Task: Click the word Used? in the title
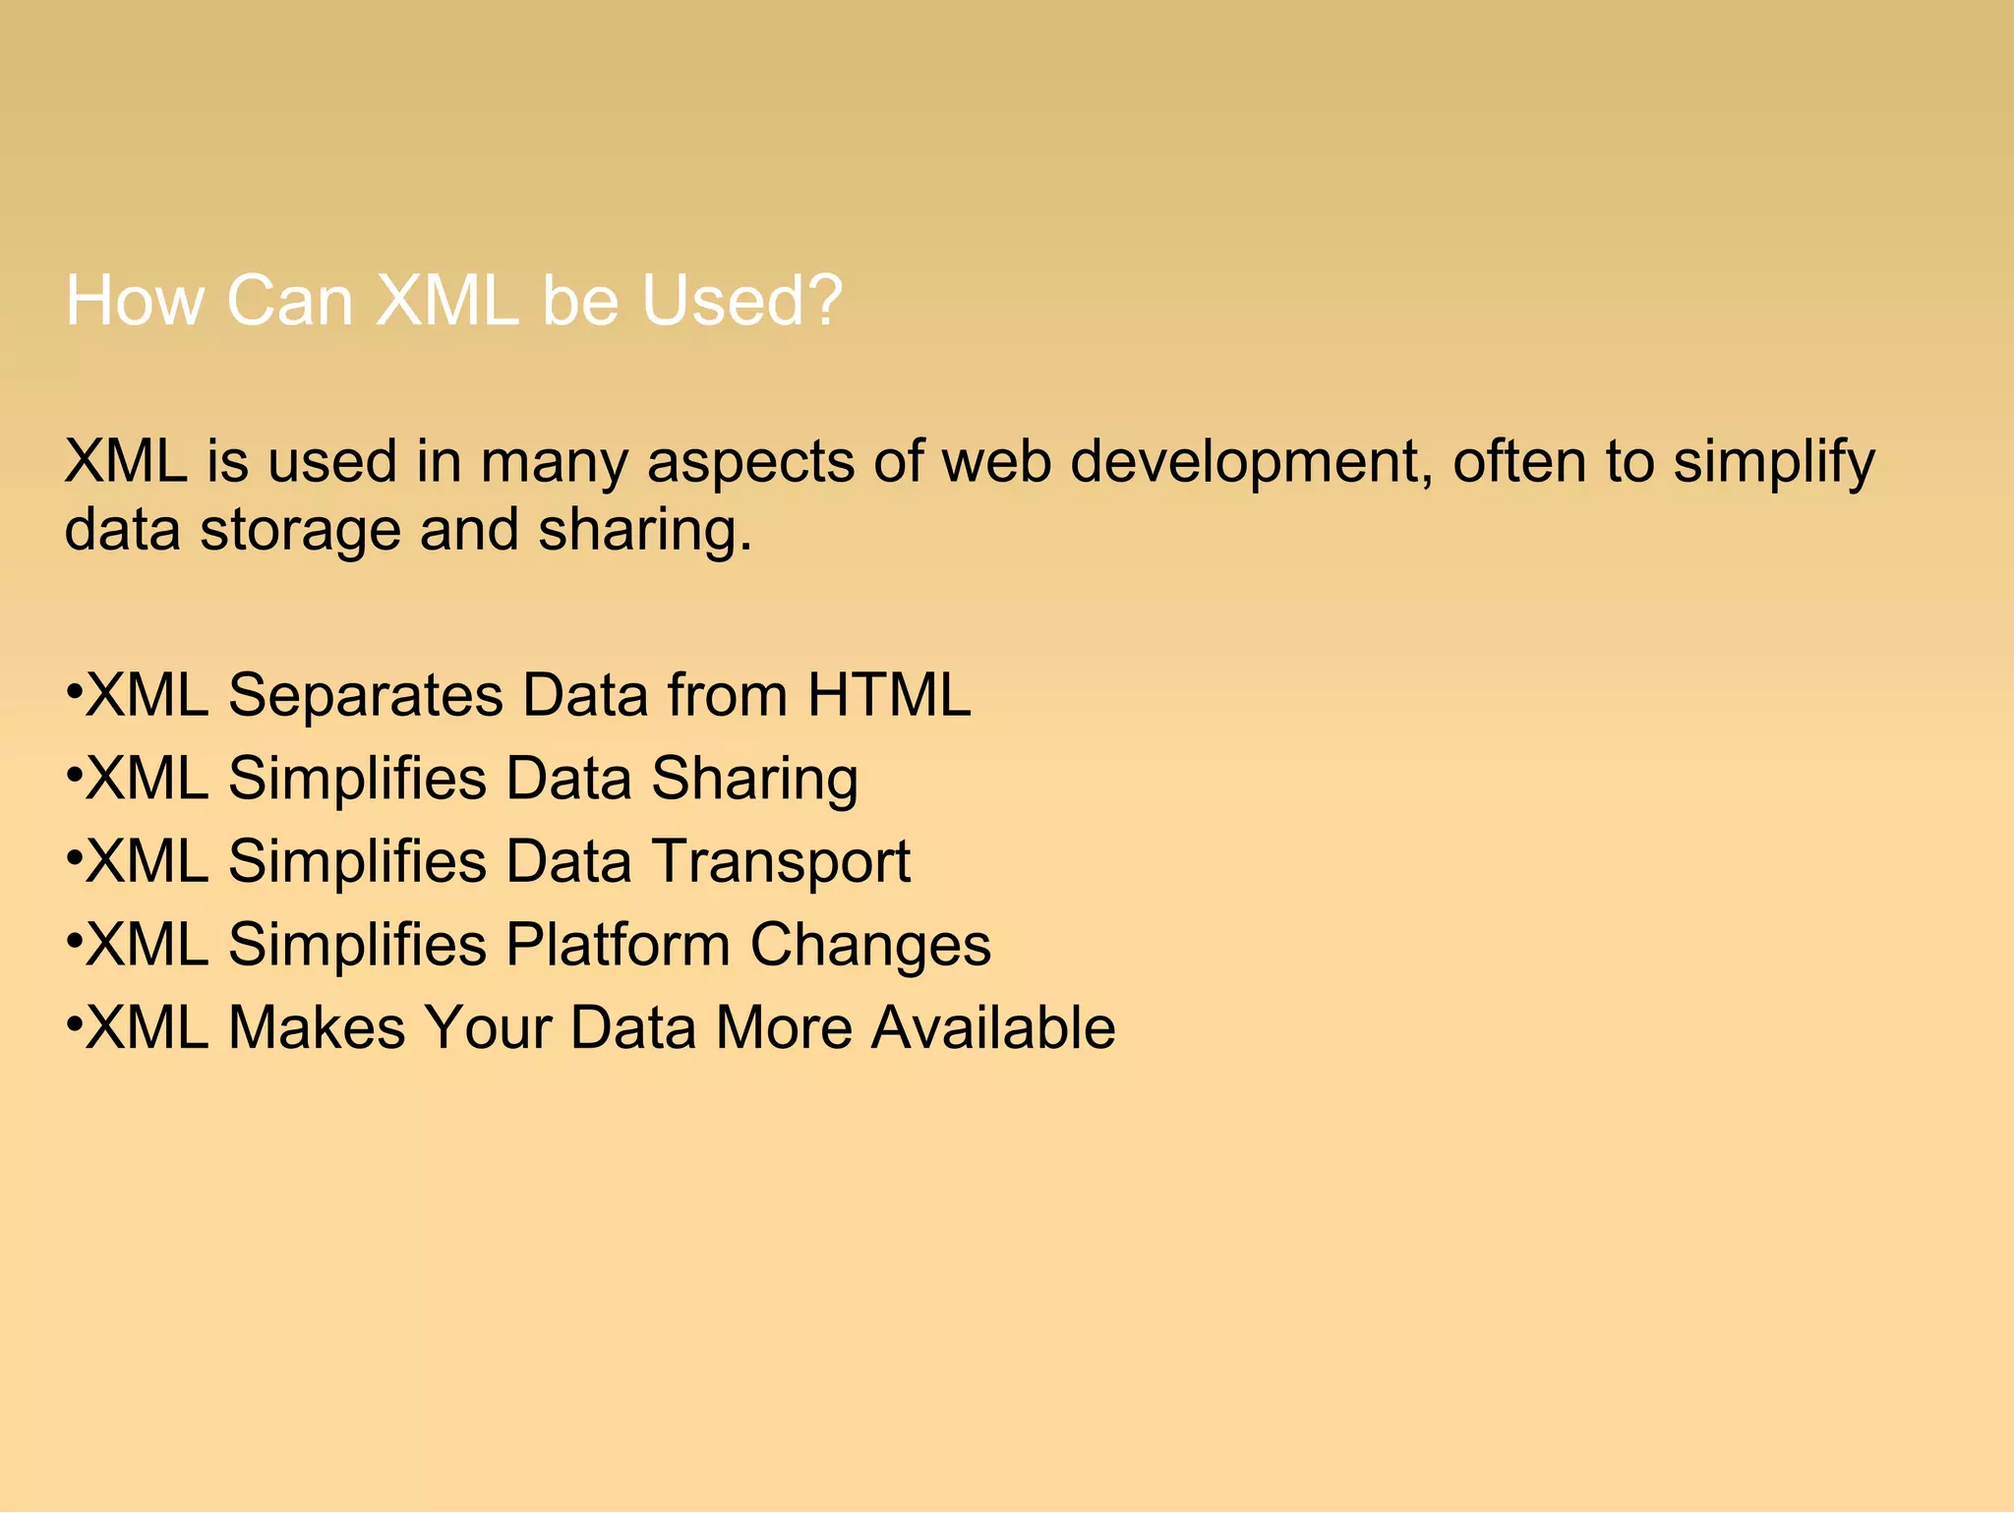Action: (x=741, y=301)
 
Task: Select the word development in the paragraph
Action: (x=1244, y=462)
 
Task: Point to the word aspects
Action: (x=750, y=464)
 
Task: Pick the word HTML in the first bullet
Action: (x=888, y=695)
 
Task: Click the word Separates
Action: (x=366, y=697)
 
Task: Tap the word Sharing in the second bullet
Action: (x=754, y=781)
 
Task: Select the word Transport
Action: (x=781, y=863)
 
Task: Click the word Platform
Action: (x=618, y=945)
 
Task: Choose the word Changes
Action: (x=870, y=947)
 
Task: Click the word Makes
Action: (x=317, y=1028)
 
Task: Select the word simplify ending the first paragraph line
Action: (x=1774, y=464)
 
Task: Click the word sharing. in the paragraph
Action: (x=645, y=532)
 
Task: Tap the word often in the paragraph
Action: (x=1518, y=462)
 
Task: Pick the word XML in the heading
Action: (x=446, y=301)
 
